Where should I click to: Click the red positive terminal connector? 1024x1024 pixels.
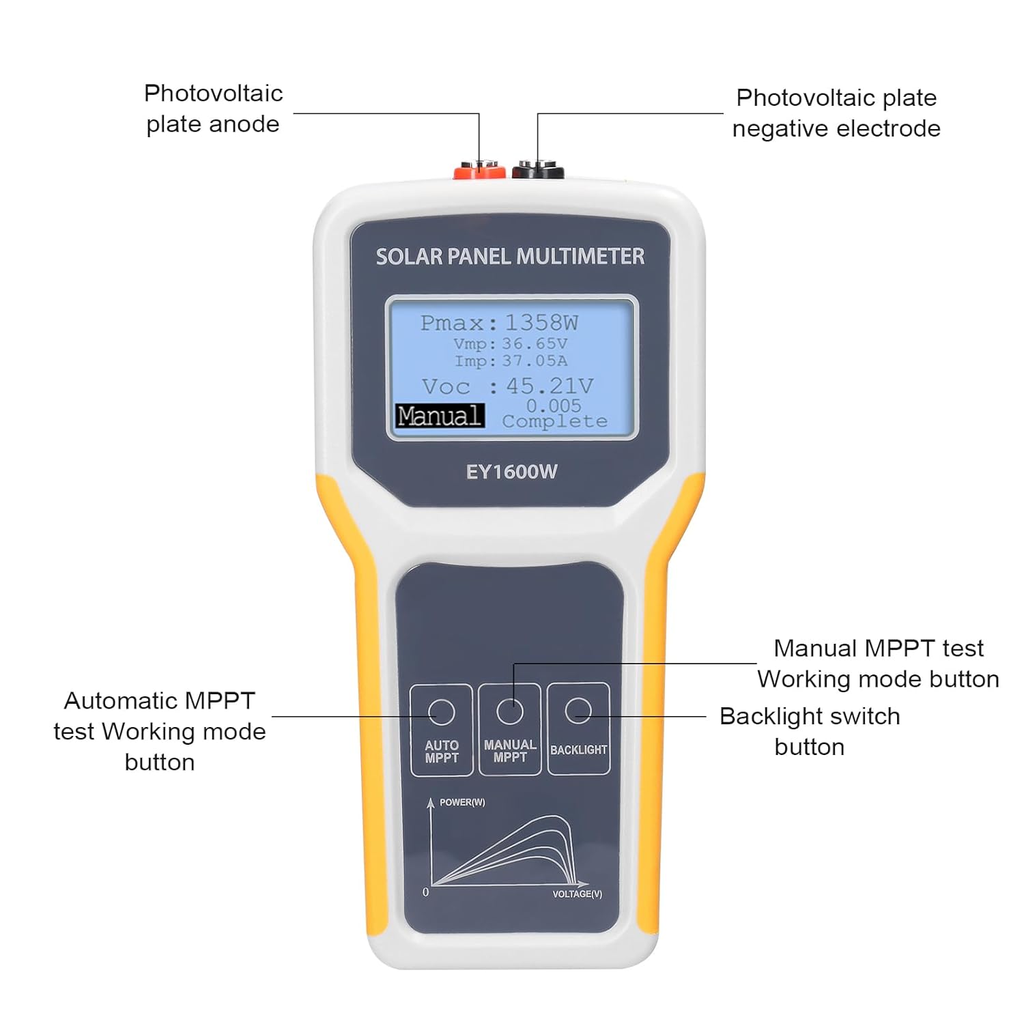479,170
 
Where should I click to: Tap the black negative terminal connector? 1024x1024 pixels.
538,170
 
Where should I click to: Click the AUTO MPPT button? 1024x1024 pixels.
442,729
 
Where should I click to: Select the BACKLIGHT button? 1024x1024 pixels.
578,729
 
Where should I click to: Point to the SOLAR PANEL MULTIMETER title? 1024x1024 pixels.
510,257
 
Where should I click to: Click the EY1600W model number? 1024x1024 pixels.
511,472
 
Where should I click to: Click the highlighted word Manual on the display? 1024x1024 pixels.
440,416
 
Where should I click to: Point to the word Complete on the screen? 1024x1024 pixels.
554,422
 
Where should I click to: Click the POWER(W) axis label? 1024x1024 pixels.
462,802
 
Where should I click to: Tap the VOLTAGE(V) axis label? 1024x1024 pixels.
577,894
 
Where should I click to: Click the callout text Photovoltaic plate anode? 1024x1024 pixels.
213,109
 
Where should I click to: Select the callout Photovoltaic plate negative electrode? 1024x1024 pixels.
836,113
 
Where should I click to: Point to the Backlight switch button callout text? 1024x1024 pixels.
810,731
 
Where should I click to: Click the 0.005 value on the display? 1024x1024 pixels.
554,406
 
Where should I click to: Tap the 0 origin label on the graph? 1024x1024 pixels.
426,892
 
